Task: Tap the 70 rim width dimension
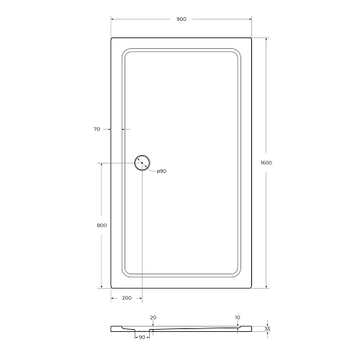[x=96, y=129]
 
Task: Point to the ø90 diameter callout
[x=161, y=171]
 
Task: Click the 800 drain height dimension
[x=101, y=225]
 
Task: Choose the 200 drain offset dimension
[x=127, y=297]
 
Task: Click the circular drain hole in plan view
[x=142, y=163]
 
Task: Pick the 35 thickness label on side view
[x=267, y=328]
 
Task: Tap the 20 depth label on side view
[x=153, y=316]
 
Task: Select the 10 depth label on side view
[x=237, y=316]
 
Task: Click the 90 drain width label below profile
[x=142, y=337]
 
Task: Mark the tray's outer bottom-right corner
[x=250, y=287]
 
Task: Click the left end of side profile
[x=112, y=328]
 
